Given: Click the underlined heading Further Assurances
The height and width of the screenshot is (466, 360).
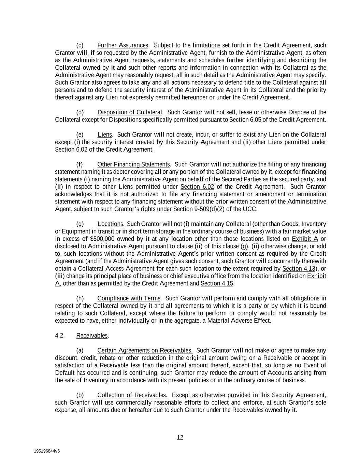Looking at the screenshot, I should pyautogui.click(x=123, y=45).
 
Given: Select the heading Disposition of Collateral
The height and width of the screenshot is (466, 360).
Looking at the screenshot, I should pyautogui.click(x=130, y=112).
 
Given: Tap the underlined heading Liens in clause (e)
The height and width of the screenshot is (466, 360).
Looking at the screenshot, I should pyautogui.click(x=104, y=135).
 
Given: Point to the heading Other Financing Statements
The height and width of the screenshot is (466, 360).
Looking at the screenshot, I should pyautogui.click(x=133, y=165).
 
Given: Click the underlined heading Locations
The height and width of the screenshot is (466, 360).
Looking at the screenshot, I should pyautogui.click(x=110, y=224).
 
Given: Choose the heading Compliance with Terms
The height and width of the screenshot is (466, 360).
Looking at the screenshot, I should pyautogui.click(x=129, y=298).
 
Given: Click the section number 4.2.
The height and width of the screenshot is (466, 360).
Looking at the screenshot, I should pyautogui.click(x=60, y=336).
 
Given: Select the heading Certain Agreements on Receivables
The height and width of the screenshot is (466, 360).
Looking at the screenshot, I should pyautogui.click(x=145, y=351).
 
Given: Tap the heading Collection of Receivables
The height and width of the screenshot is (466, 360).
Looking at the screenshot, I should pyautogui.click(x=131, y=395).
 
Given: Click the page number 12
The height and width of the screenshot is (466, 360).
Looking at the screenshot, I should pyautogui.click(x=180, y=438).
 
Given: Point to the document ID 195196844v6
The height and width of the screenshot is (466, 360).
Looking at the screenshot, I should pyautogui.click(x=47, y=451).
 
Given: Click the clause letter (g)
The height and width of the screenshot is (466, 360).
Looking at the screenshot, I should pyautogui.click(x=80, y=224).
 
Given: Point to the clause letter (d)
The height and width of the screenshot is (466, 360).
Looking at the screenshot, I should pyautogui.click(x=80, y=112).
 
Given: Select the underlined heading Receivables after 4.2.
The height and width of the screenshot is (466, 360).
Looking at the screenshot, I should pyautogui.click(x=92, y=336).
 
